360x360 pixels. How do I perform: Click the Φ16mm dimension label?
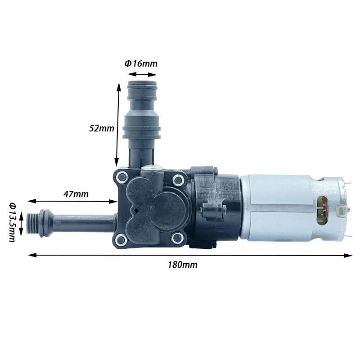point(141,63)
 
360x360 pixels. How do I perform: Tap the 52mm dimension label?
point(102,128)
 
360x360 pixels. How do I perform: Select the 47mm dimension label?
point(76,194)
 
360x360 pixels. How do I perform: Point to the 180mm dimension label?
point(183,265)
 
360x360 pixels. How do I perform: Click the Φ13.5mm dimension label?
point(13,222)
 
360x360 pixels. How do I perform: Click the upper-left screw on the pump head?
point(121,178)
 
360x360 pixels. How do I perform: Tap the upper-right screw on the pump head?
point(178,181)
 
